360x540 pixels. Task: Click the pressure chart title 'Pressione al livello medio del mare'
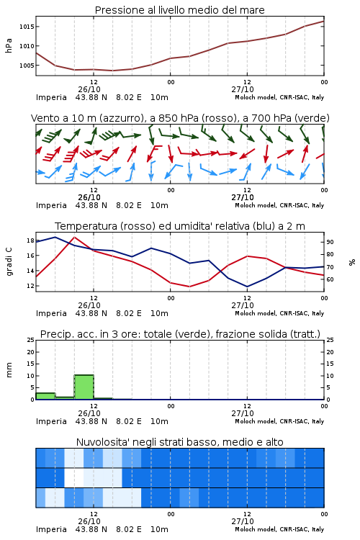(x=179, y=10)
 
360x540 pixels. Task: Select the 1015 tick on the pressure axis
(x=27, y=27)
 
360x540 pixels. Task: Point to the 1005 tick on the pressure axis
(x=27, y=66)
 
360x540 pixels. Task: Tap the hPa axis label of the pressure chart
(x=9, y=45)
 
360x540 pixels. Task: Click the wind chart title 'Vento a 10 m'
(x=64, y=118)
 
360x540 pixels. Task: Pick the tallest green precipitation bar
(x=84, y=387)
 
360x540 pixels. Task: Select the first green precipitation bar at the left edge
(x=45, y=396)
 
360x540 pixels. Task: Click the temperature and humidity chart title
(x=179, y=226)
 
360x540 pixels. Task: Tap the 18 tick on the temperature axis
(x=30, y=240)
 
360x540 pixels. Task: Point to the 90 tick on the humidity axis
(x=330, y=242)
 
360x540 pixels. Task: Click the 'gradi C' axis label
(x=9, y=262)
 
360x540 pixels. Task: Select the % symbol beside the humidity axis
(x=352, y=262)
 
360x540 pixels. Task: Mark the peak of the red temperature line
(x=74, y=237)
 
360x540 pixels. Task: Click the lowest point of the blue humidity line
(x=247, y=287)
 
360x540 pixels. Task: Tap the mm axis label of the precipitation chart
(x=9, y=370)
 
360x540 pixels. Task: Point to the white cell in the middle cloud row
(x=74, y=477)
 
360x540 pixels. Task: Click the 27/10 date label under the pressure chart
(x=243, y=89)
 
